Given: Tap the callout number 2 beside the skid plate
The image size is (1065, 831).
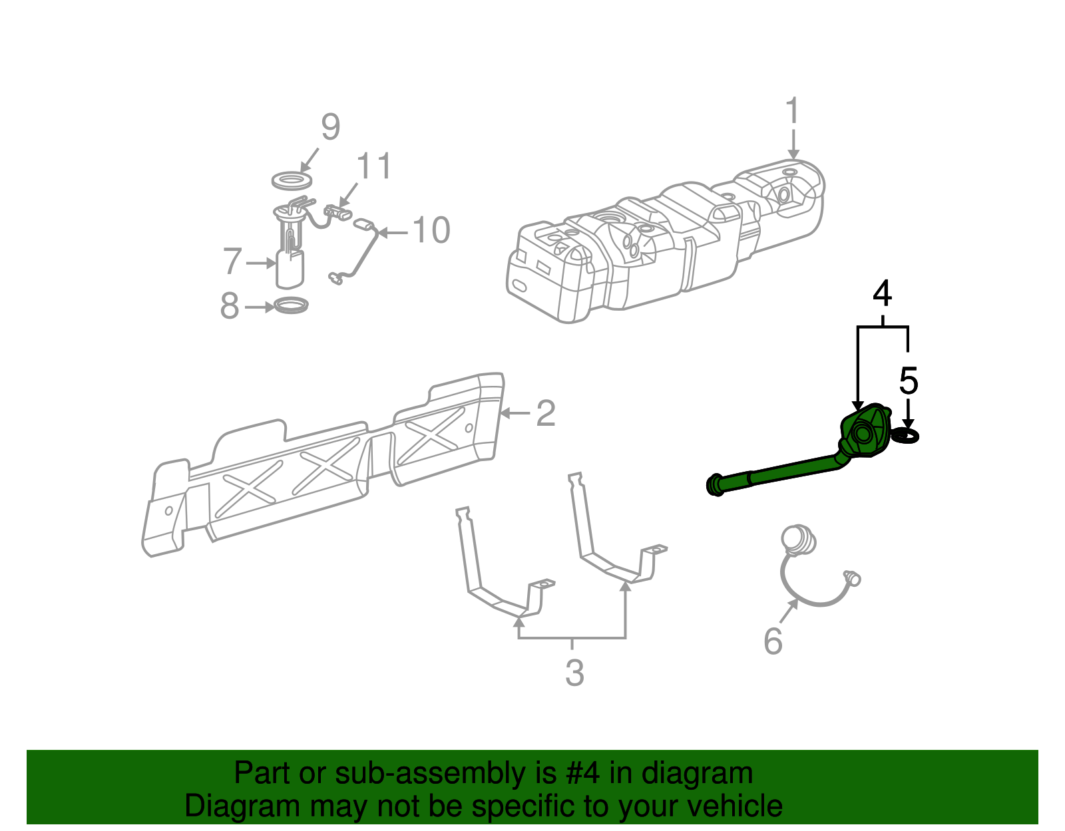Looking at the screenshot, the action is click(x=546, y=413).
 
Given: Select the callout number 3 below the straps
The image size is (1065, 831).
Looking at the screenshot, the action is click(x=575, y=673).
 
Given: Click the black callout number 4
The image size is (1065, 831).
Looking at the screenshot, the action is click(x=882, y=293).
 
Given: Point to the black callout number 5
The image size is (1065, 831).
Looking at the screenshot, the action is click(x=908, y=381).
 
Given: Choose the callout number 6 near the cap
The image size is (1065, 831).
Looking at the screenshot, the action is click(x=773, y=641).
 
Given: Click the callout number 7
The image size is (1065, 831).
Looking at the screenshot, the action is click(x=232, y=261).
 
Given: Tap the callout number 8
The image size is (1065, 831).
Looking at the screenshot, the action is click(x=230, y=305).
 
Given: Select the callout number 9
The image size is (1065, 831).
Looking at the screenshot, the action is click(x=330, y=126).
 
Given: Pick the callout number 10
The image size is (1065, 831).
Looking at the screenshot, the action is click(x=431, y=230).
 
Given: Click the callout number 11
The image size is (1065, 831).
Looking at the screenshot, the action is click(x=374, y=166).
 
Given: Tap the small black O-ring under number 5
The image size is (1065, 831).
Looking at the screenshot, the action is click(x=906, y=435).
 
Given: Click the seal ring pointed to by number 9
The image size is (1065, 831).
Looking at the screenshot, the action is click(x=292, y=181).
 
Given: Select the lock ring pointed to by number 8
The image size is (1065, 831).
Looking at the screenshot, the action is click(x=291, y=305).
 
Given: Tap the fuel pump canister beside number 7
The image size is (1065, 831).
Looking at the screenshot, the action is click(x=290, y=269).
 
